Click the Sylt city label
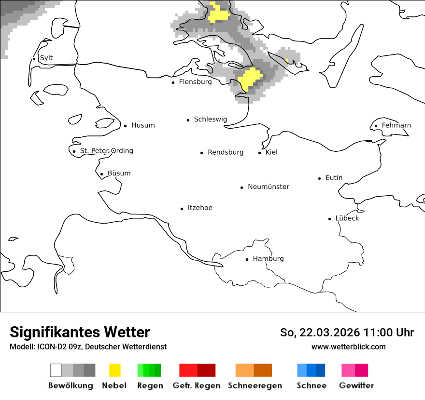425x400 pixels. (46, 58)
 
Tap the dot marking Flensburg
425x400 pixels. (173, 82)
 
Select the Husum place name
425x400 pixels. (143, 125)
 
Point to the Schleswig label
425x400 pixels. (210, 120)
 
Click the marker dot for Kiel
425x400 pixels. (260, 153)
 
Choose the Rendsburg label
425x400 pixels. (226, 152)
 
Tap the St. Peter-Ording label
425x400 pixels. (106, 151)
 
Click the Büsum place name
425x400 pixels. (119, 173)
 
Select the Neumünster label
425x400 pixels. (269, 187)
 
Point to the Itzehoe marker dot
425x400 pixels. (182, 209)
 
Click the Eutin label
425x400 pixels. (334, 178)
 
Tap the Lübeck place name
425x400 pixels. (347, 218)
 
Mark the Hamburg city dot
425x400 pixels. (247, 259)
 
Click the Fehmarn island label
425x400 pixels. (396, 125)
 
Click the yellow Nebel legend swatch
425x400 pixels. (114, 370)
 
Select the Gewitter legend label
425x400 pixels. (356, 386)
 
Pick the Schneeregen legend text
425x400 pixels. (255, 386)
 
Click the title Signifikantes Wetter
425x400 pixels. (80, 333)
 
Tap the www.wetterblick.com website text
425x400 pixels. (348, 347)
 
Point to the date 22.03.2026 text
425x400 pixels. (330, 333)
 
